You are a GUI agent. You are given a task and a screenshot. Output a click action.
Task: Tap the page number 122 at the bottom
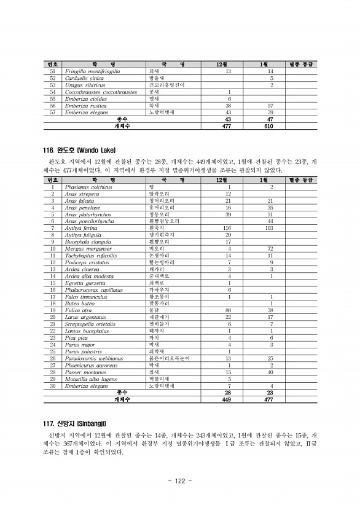[180, 480]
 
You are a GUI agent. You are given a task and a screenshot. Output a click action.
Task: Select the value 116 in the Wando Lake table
[229, 227]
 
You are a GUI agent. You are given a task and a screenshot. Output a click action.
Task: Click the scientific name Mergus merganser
[87, 248]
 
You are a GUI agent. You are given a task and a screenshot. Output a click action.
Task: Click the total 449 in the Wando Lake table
[229, 399]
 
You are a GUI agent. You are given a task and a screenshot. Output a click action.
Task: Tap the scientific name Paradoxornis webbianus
[93, 358]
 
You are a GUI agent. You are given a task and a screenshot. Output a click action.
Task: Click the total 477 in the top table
[229, 126]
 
